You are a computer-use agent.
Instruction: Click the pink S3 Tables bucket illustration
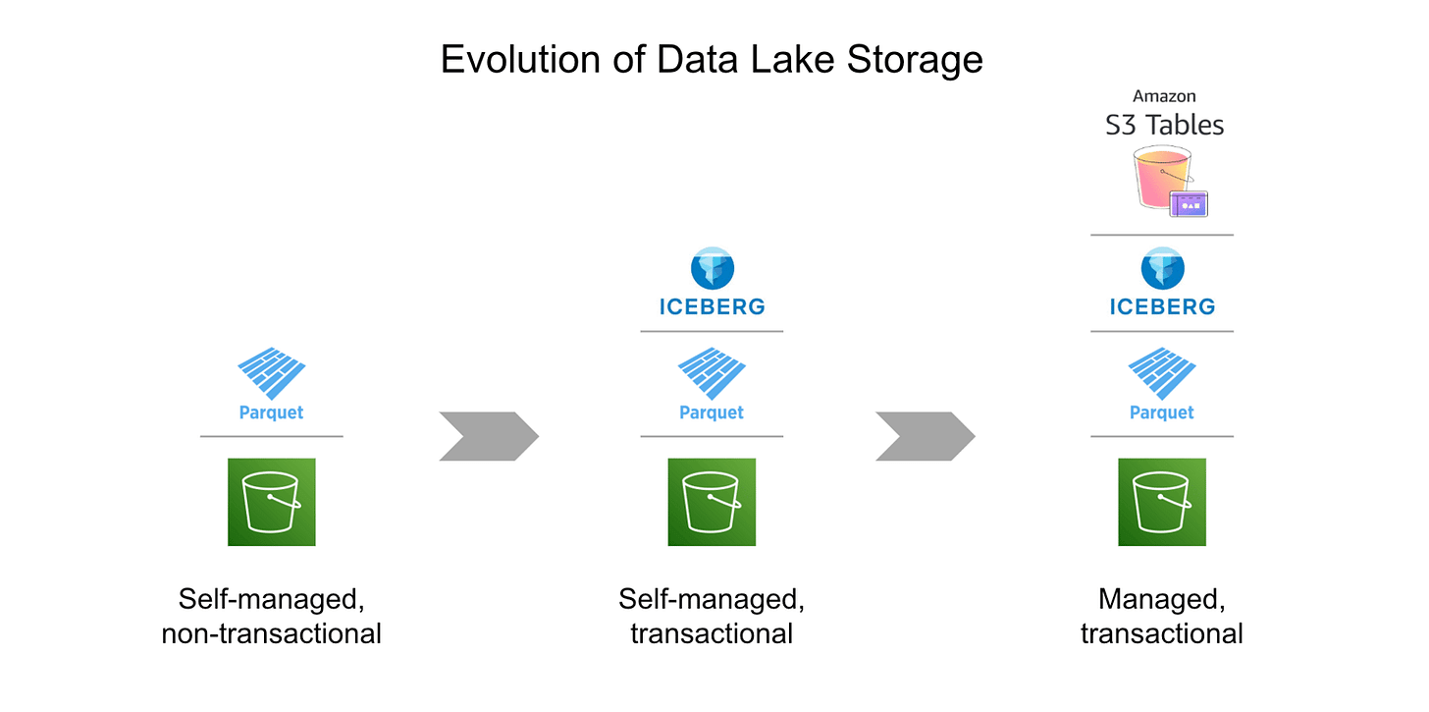coord(1161,177)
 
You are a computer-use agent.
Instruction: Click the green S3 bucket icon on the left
coord(271,502)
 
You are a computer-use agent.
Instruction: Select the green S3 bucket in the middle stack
coord(712,502)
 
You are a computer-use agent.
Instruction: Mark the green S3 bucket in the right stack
coord(1162,502)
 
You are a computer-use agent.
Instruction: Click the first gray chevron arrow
coord(489,436)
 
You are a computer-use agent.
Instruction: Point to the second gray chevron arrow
coord(926,436)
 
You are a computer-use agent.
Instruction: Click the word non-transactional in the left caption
coord(271,633)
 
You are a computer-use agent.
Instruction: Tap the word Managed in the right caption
coord(1161,599)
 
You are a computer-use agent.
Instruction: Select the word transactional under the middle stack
coord(712,633)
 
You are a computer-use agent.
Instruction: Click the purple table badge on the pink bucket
coord(1189,203)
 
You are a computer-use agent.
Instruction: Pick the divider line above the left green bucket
coord(271,436)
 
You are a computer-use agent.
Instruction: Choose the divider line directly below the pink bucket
coord(1162,235)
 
